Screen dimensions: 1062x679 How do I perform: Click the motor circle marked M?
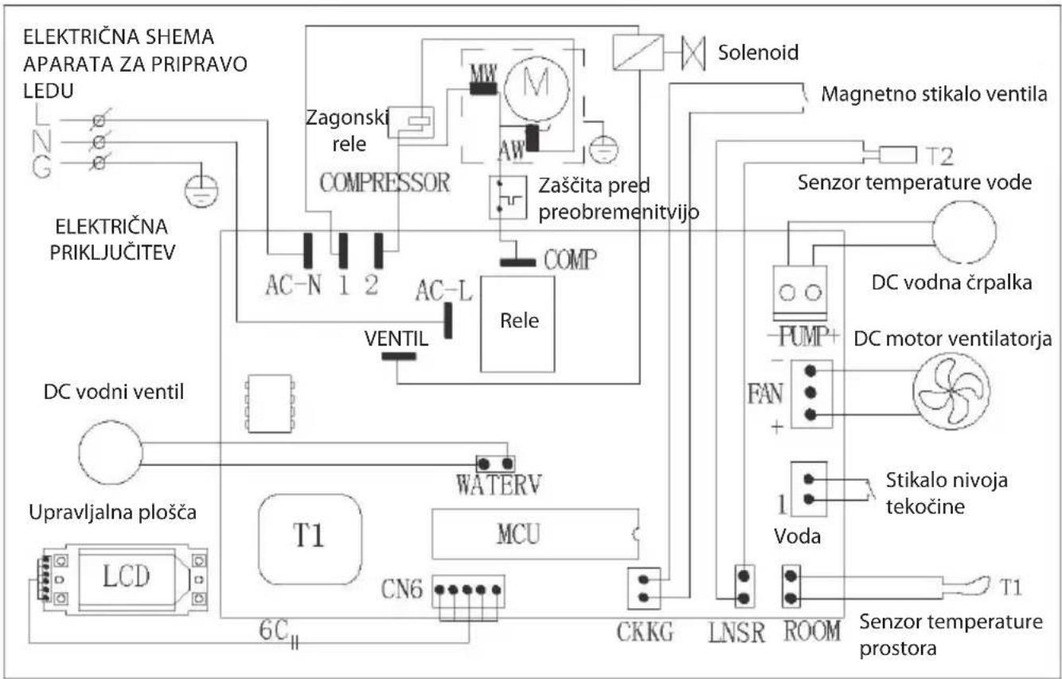pyautogui.click(x=537, y=88)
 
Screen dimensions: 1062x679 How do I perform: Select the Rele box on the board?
pyautogui.click(x=517, y=324)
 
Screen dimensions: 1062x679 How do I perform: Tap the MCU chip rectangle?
pyautogui.click(x=535, y=534)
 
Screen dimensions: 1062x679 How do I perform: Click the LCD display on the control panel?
pyautogui.click(x=127, y=576)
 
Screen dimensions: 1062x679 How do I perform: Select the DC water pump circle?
pyautogui.click(x=964, y=232)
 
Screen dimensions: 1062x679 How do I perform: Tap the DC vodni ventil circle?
pyautogui.click(x=111, y=453)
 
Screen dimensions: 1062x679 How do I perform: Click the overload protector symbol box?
pyautogui.click(x=508, y=197)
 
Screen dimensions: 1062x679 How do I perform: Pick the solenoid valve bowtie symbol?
pyautogui.click(x=693, y=53)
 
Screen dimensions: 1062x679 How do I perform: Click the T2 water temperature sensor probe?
pyautogui.click(x=897, y=155)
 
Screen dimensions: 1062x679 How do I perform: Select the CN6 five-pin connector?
pyautogui.click(x=468, y=591)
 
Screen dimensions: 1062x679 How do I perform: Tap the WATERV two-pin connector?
pyautogui.click(x=495, y=463)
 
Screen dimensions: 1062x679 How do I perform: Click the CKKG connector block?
pyautogui.click(x=644, y=588)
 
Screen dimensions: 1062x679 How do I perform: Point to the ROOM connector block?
pyautogui.click(x=791, y=587)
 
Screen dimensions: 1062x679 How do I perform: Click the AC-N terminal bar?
pyautogui.click(x=308, y=251)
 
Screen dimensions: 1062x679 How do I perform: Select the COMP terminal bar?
pyautogui.click(x=517, y=262)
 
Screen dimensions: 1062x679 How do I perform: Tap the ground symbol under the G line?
pyautogui.click(x=201, y=190)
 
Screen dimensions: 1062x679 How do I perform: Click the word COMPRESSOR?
pyautogui.click(x=385, y=183)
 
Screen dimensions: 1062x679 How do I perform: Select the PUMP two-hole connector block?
pyautogui.click(x=800, y=293)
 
